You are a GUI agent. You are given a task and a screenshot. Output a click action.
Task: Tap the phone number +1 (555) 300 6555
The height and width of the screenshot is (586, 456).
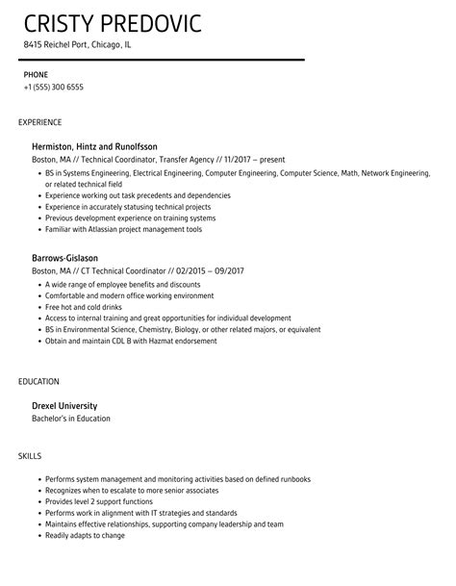pyautogui.click(x=54, y=88)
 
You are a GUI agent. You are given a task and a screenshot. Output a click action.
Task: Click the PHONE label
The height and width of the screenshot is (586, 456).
pyautogui.click(x=36, y=74)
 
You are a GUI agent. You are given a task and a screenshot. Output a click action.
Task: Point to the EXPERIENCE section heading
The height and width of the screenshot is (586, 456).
pyautogui.click(x=40, y=123)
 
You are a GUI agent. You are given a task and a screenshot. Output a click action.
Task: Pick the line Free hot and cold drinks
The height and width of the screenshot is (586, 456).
pyautogui.click(x=88, y=306)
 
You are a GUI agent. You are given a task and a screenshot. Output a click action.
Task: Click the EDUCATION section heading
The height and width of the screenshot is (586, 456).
pyautogui.click(x=38, y=382)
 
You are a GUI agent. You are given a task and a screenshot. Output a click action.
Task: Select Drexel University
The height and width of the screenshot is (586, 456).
pyautogui.click(x=65, y=405)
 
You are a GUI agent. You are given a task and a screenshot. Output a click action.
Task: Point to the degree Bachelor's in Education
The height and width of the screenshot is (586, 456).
pyautogui.click(x=72, y=419)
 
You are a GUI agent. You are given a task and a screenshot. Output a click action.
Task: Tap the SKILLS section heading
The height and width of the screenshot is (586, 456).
pyautogui.click(x=31, y=455)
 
